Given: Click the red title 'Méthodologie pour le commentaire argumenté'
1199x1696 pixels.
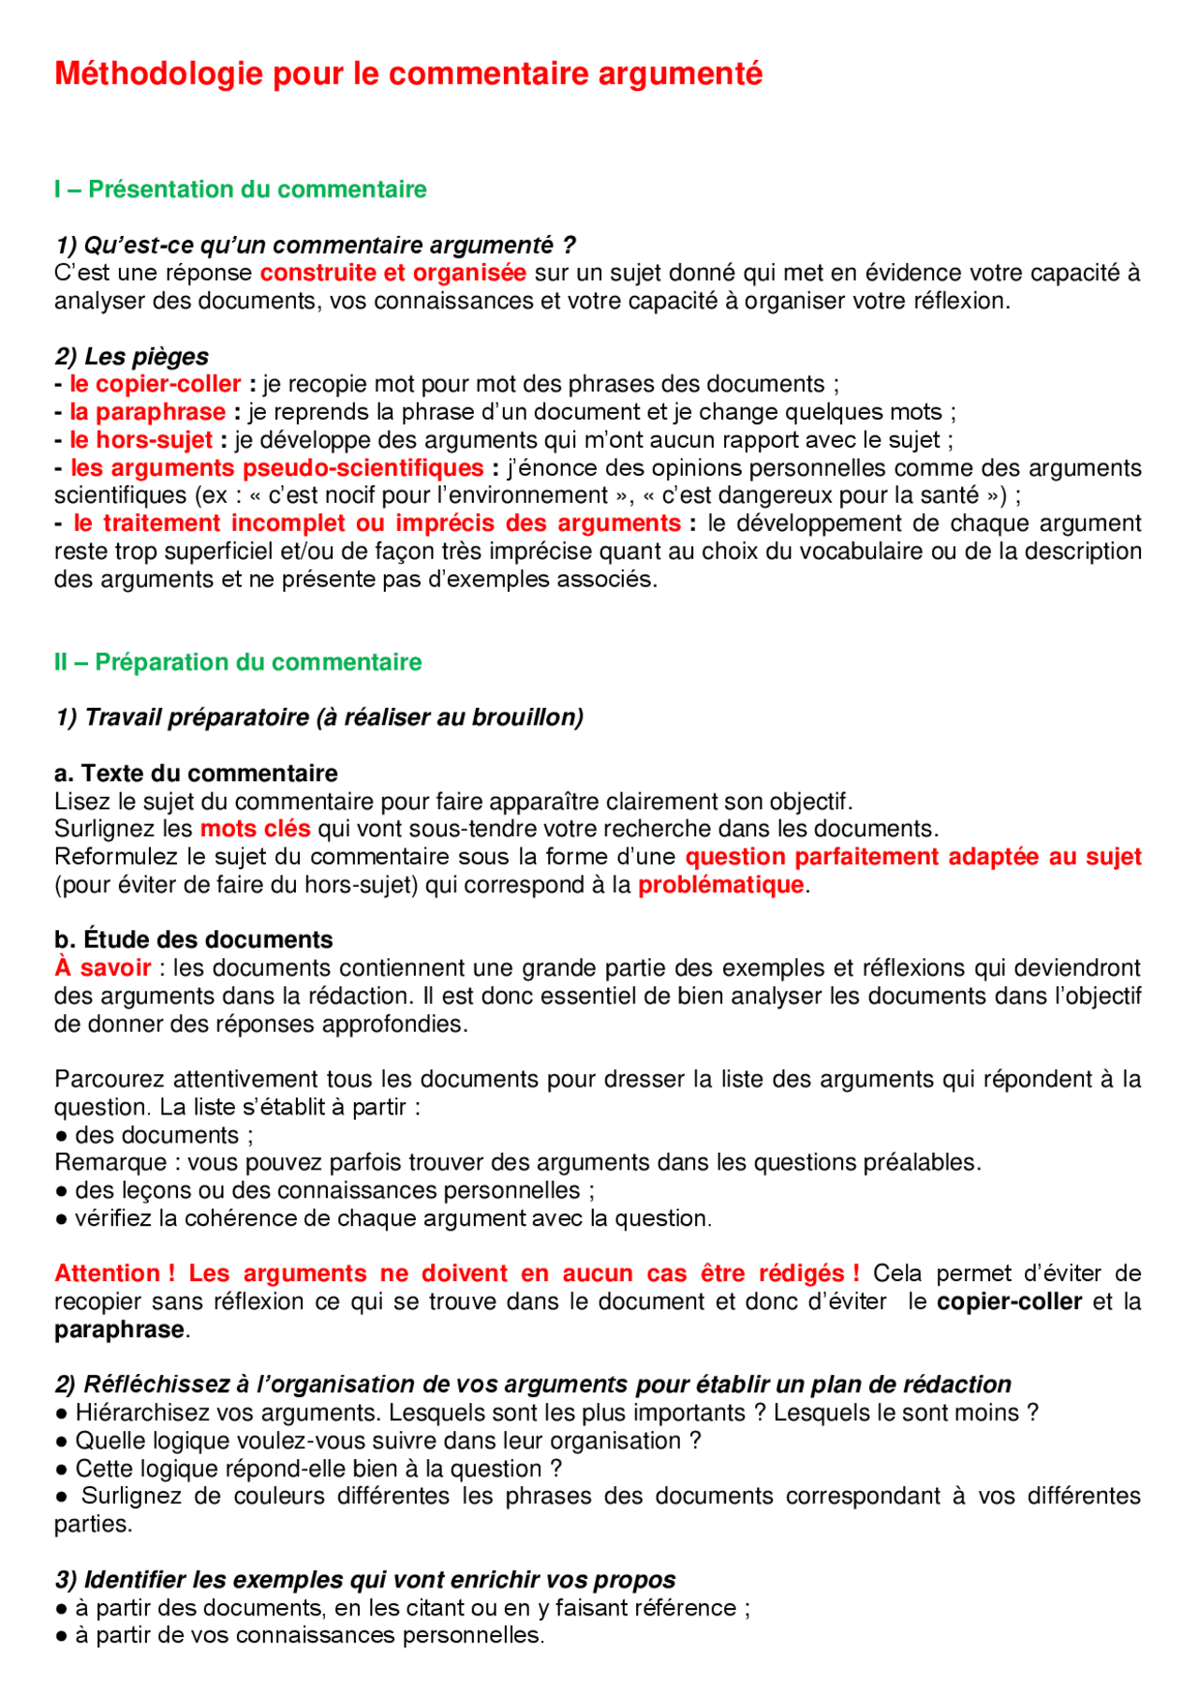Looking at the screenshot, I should (407, 73).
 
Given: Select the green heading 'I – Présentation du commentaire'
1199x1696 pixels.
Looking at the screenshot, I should (240, 189).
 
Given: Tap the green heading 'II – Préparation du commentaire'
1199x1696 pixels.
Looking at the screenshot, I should (238, 662).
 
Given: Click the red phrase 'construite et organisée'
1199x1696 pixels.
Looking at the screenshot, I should (392, 273).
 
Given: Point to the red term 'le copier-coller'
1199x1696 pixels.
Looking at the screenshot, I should (155, 384).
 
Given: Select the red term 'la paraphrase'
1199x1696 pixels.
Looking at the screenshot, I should (147, 412).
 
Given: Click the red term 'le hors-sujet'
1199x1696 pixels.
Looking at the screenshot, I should (141, 440).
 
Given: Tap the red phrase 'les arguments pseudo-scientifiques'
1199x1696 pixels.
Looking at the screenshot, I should (277, 467).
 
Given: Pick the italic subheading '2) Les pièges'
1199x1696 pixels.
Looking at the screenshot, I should (131, 357).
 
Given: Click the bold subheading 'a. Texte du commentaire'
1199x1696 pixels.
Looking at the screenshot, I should (196, 774).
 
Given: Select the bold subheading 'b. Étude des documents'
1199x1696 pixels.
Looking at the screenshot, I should (194, 939).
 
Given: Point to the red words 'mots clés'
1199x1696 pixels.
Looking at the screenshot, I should (255, 829).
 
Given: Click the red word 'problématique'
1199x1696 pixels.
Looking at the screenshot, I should (720, 885).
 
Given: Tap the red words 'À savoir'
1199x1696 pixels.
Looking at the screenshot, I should (102, 967).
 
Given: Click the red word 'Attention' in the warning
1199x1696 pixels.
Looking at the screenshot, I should (107, 1274).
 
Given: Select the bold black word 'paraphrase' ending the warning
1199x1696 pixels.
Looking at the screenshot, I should (119, 1330).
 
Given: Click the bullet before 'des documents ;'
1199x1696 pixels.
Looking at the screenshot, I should (61, 1135).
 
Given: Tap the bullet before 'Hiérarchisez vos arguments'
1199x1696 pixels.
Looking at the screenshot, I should (61, 1413).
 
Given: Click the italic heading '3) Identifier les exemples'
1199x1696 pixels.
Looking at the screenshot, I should (365, 1580).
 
